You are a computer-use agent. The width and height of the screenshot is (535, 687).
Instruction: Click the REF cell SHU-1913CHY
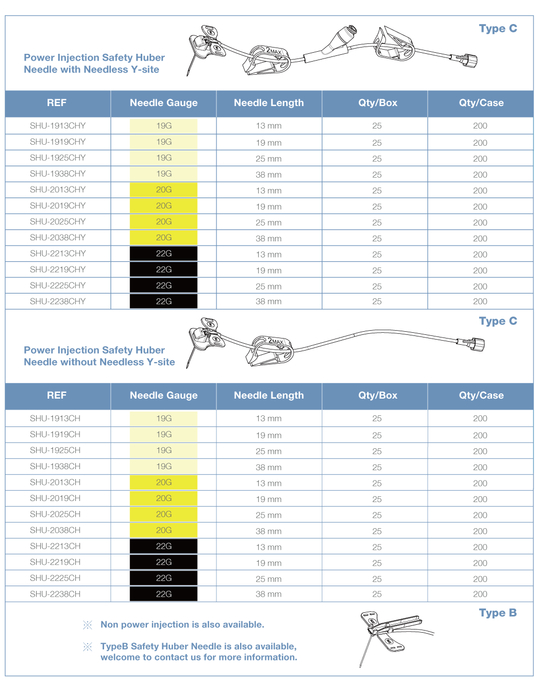58,126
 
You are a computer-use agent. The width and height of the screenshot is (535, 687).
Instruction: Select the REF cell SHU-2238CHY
58,301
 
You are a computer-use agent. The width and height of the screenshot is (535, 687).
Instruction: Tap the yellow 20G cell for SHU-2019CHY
164,206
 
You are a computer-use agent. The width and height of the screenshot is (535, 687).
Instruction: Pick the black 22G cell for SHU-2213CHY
164,254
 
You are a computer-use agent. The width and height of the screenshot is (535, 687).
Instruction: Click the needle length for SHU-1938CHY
268,174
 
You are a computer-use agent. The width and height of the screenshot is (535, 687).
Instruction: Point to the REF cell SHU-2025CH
55,515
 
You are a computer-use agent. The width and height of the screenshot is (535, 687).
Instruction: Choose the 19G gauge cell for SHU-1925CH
164,450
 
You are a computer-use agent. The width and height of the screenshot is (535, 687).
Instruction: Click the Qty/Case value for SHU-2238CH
480,594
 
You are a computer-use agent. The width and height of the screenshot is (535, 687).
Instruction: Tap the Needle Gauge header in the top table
164,103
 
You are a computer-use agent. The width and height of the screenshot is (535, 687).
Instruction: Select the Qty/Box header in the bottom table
378,395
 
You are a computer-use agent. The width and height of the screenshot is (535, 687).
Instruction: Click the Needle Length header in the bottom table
269,395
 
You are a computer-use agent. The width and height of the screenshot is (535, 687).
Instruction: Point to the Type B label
497,613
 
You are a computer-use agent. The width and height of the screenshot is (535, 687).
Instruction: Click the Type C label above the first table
498,29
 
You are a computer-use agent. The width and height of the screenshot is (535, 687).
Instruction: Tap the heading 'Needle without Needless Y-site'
99,362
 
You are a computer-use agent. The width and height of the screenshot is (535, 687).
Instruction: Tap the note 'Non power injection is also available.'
182,625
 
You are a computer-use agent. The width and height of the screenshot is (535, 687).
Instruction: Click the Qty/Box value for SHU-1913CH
377,418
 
